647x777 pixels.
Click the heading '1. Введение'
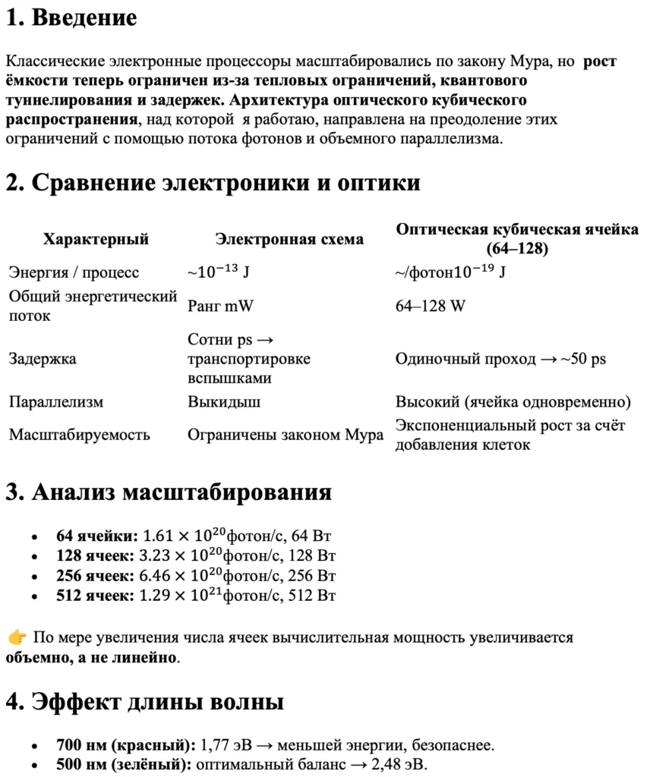pos(71,18)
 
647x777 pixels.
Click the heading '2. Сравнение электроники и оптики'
pos(213,183)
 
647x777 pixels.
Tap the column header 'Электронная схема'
pos(289,240)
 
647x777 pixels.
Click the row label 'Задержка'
pos(43,359)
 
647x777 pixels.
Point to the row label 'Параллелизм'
pos(56,402)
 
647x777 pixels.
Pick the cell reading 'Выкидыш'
pos(224,402)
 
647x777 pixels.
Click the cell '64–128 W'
pos(431,306)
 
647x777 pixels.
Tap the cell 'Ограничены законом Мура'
pos(286,436)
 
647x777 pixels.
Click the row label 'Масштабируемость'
pos(80,436)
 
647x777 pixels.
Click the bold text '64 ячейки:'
pos(97,536)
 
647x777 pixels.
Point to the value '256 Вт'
pos(313,575)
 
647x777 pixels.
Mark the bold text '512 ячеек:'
pos(96,595)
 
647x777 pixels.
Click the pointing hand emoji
pos(17,637)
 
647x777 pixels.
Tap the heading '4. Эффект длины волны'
pos(145,702)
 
